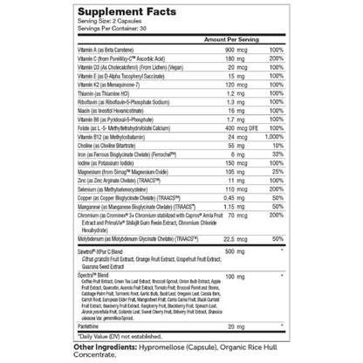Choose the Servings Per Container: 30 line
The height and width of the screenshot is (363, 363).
[x=123, y=28]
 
